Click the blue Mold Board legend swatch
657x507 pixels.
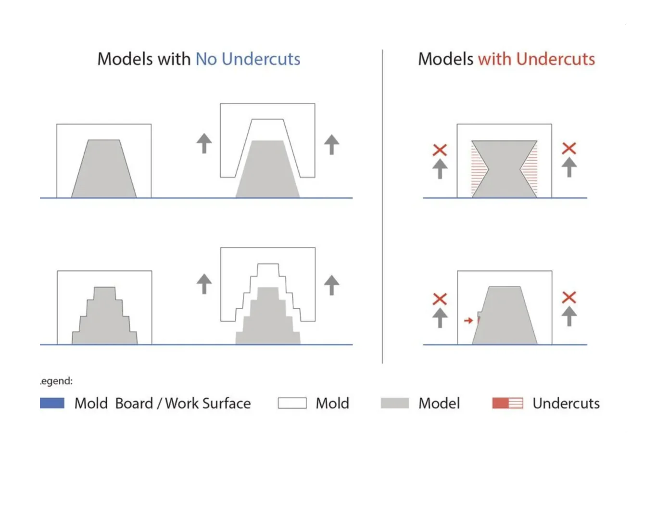click(x=52, y=403)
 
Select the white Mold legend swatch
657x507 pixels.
click(x=292, y=403)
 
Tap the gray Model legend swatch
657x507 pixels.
click(x=394, y=403)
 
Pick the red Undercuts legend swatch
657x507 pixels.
click(x=507, y=403)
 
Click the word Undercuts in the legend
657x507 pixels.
click(x=566, y=403)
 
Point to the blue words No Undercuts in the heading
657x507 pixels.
click(x=248, y=59)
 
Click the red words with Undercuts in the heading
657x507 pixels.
click(x=537, y=59)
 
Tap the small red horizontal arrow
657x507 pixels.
click(x=468, y=320)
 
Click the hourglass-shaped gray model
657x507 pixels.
click(x=505, y=169)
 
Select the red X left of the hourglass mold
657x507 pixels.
click(x=440, y=150)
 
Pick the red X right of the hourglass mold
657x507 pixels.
click(x=569, y=149)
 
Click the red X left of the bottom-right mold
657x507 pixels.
click(x=440, y=299)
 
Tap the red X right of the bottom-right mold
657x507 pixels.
click(x=569, y=297)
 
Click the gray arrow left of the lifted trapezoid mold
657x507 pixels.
click(x=204, y=143)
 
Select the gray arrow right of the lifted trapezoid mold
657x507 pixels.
click(x=332, y=144)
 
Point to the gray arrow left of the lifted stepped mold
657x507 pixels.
click(x=204, y=284)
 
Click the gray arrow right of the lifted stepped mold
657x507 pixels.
click(x=332, y=285)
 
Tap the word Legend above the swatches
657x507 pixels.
click(x=56, y=381)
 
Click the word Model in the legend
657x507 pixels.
click(x=439, y=403)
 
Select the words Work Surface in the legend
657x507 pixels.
click(x=208, y=403)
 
